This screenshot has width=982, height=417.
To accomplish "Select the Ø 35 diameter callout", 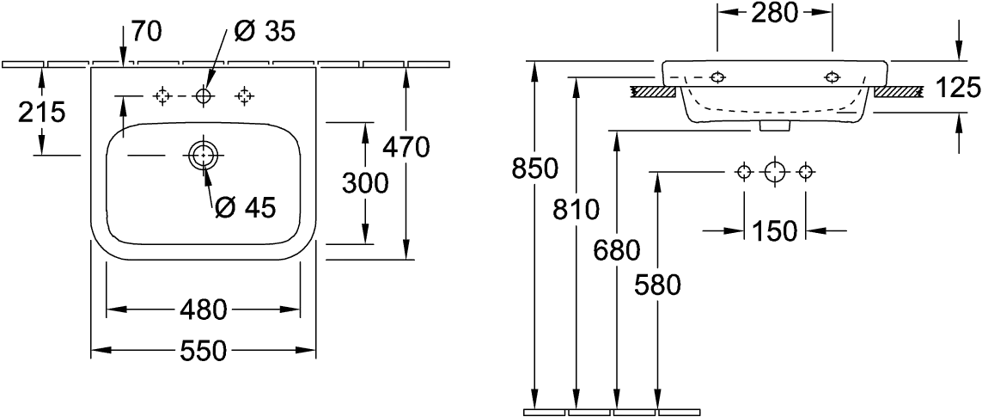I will click(x=265, y=32).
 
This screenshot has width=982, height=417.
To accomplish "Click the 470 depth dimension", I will click(x=406, y=148).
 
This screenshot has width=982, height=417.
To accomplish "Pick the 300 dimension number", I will click(x=367, y=183).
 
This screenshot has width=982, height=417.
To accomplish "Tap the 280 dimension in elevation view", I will click(x=776, y=13).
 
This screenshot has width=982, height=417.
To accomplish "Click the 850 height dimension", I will click(x=535, y=169).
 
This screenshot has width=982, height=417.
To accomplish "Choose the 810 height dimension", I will click(x=574, y=208).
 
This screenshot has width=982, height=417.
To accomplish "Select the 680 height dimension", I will click(x=615, y=250).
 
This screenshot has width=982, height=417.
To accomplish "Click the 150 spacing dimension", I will click(x=775, y=231).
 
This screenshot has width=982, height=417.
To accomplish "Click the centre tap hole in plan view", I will click(x=204, y=96).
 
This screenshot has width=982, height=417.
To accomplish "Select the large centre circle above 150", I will click(x=775, y=173).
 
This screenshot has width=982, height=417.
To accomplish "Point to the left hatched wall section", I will click(x=656, y=89).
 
